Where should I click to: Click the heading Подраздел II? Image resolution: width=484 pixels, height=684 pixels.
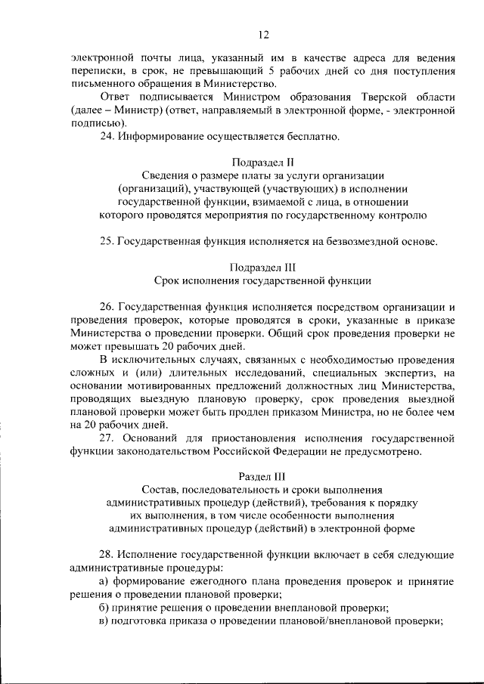pyautogui.click(x=261, y=162)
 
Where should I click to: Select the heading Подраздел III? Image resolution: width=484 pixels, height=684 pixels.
pyautogui.click(x=262, y=267)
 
